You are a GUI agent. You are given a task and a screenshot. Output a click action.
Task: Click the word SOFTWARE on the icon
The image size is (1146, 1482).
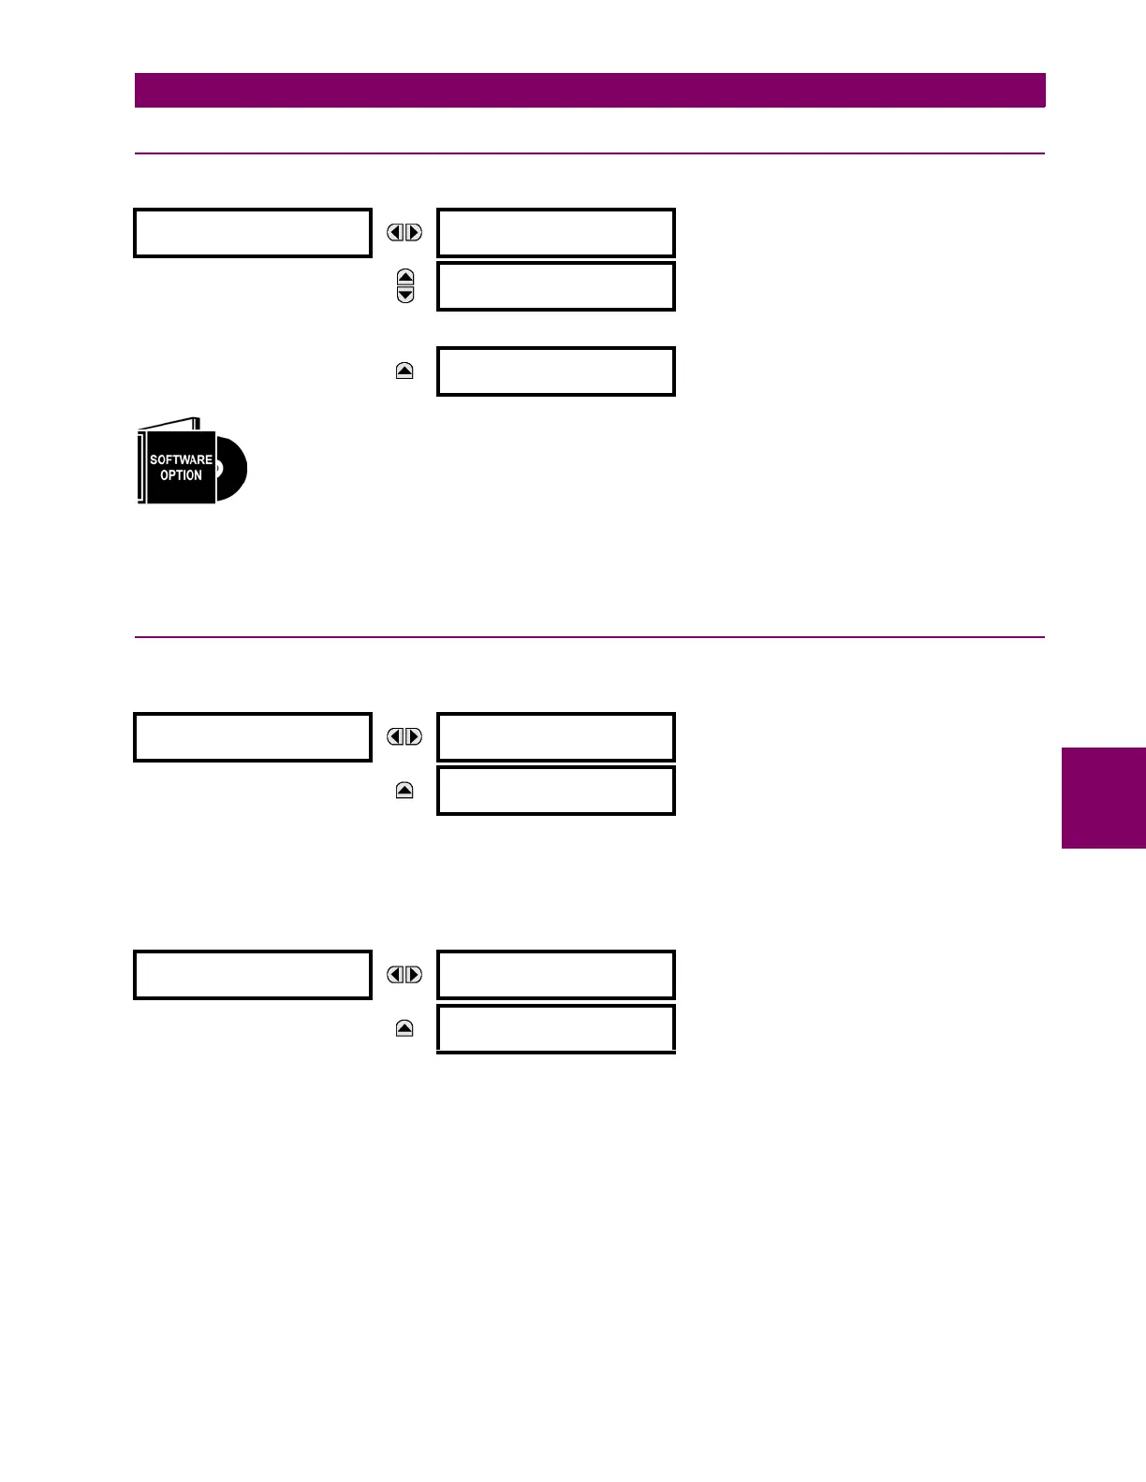(181, 459)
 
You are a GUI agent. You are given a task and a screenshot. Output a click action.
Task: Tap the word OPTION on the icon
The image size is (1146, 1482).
(181, 475)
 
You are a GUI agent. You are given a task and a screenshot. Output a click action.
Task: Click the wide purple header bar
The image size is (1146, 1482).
(590, 91)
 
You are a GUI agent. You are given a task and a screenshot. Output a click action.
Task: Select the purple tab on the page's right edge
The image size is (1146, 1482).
(1104, 798)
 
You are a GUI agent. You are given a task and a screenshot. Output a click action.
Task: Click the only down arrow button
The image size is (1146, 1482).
(405, 295)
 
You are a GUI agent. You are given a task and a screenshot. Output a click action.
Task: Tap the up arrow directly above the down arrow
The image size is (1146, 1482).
(405, 277)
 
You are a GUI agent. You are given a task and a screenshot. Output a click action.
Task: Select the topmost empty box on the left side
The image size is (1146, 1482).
(253, 233)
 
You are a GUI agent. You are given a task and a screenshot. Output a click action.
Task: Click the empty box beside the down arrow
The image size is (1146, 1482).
(556, 286)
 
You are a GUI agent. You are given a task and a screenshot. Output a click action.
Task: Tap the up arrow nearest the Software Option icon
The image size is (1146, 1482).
(404, 371)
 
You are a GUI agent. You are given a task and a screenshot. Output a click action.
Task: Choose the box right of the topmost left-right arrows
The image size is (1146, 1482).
(556, 233)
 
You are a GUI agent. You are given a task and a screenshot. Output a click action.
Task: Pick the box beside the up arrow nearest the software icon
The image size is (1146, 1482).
(556, 371)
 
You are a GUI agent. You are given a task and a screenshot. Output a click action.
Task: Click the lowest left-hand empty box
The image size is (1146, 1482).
(253, 975)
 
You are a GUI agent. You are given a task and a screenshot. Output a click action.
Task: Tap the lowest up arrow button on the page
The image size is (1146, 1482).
(404, 1028)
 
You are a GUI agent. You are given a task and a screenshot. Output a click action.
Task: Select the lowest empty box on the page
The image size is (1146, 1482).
(556, 1028)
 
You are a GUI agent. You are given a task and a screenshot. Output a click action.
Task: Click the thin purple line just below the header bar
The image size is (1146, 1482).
(590, 153)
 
